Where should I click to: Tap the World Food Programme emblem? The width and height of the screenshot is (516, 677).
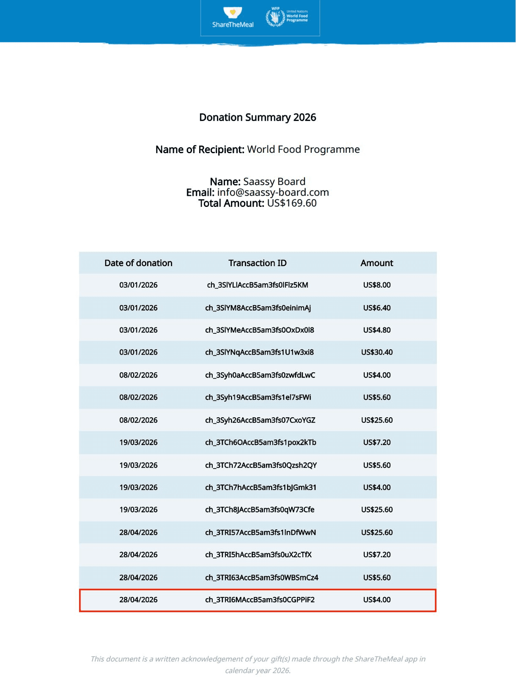275,17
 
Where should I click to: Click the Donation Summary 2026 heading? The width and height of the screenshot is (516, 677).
258,117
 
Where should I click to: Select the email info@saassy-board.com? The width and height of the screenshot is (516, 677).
273,193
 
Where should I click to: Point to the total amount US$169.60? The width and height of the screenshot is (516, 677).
292,203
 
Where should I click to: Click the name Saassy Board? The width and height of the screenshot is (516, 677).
274,182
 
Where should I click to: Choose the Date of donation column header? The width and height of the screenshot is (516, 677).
138,263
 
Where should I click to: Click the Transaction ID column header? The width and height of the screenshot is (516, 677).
258,263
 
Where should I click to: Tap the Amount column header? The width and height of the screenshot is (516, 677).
376,263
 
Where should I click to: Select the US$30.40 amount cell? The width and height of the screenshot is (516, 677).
376,352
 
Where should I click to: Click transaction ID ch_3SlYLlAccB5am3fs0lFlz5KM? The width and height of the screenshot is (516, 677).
258,285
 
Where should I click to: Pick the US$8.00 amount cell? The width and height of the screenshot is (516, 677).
376,285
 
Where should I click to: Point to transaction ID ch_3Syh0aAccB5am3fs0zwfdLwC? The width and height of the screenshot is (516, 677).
260,375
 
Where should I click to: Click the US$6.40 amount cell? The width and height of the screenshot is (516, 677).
376,308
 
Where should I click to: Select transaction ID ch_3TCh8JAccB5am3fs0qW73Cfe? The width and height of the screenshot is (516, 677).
260,509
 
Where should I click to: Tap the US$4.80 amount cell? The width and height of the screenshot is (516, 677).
376,330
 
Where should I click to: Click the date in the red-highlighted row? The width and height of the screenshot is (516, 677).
138,600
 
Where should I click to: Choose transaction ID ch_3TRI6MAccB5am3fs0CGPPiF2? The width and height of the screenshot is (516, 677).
260,600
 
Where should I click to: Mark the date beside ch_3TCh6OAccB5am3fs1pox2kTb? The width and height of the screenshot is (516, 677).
138,442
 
